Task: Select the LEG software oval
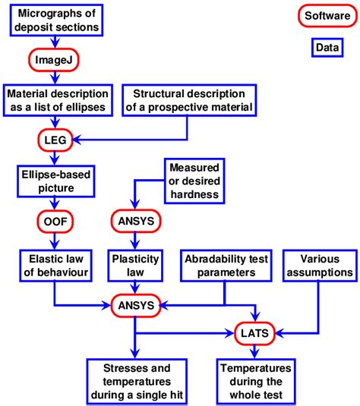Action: (x=53, y=140)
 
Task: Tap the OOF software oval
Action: (x=53, y=221)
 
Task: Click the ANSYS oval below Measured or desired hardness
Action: (x=135, y=221)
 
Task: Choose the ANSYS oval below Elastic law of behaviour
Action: (x=135, y=307)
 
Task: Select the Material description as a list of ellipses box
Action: (x=58, y=99)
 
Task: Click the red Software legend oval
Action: (x=326, y=16)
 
